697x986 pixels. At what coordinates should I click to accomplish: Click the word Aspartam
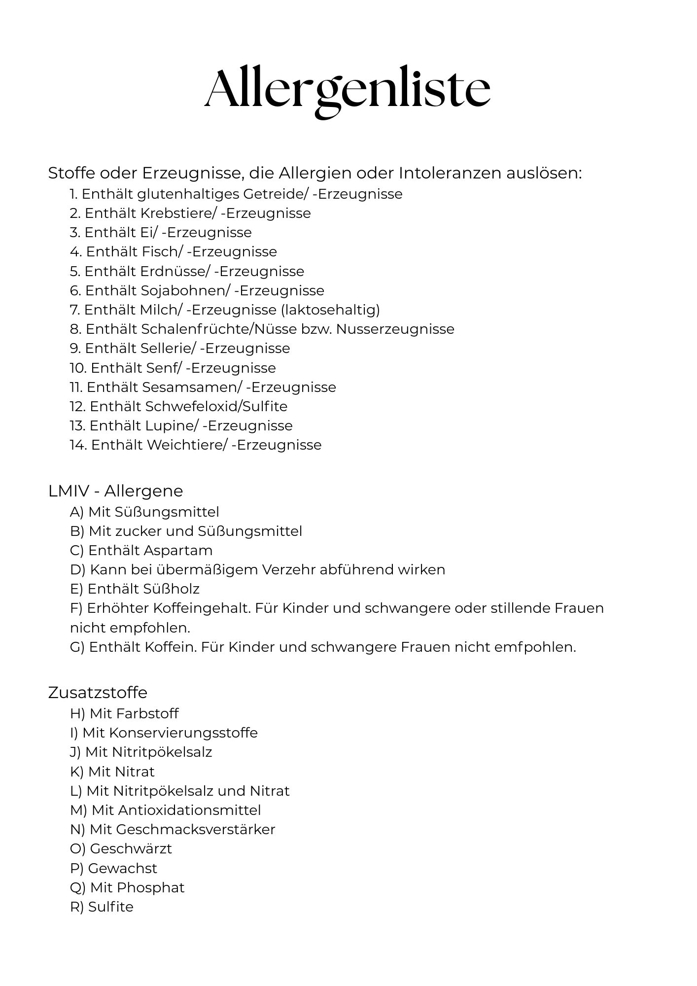point(178,551)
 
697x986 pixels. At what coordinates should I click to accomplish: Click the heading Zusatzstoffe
point(98,693)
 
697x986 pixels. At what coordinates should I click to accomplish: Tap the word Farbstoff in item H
point(147,714)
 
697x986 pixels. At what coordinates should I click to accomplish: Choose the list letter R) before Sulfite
point(76,907)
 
